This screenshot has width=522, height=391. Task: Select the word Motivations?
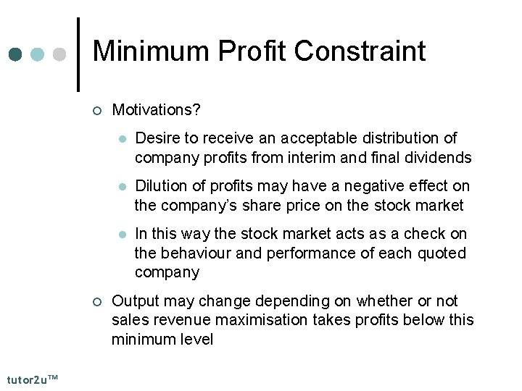[156, 110]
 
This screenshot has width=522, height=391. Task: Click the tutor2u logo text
[33, 380]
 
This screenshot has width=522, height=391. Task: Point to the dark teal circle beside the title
[16, 54]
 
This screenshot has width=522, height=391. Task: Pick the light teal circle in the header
[38, 54]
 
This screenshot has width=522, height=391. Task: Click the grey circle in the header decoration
[60, 54]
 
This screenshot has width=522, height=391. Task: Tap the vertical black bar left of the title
[78, 54]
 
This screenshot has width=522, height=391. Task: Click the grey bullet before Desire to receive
[123, 139]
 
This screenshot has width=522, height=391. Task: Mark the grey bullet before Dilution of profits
[123, 187]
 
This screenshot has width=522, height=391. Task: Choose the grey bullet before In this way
[123, 235]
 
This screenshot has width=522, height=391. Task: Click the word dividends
[440, 157]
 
